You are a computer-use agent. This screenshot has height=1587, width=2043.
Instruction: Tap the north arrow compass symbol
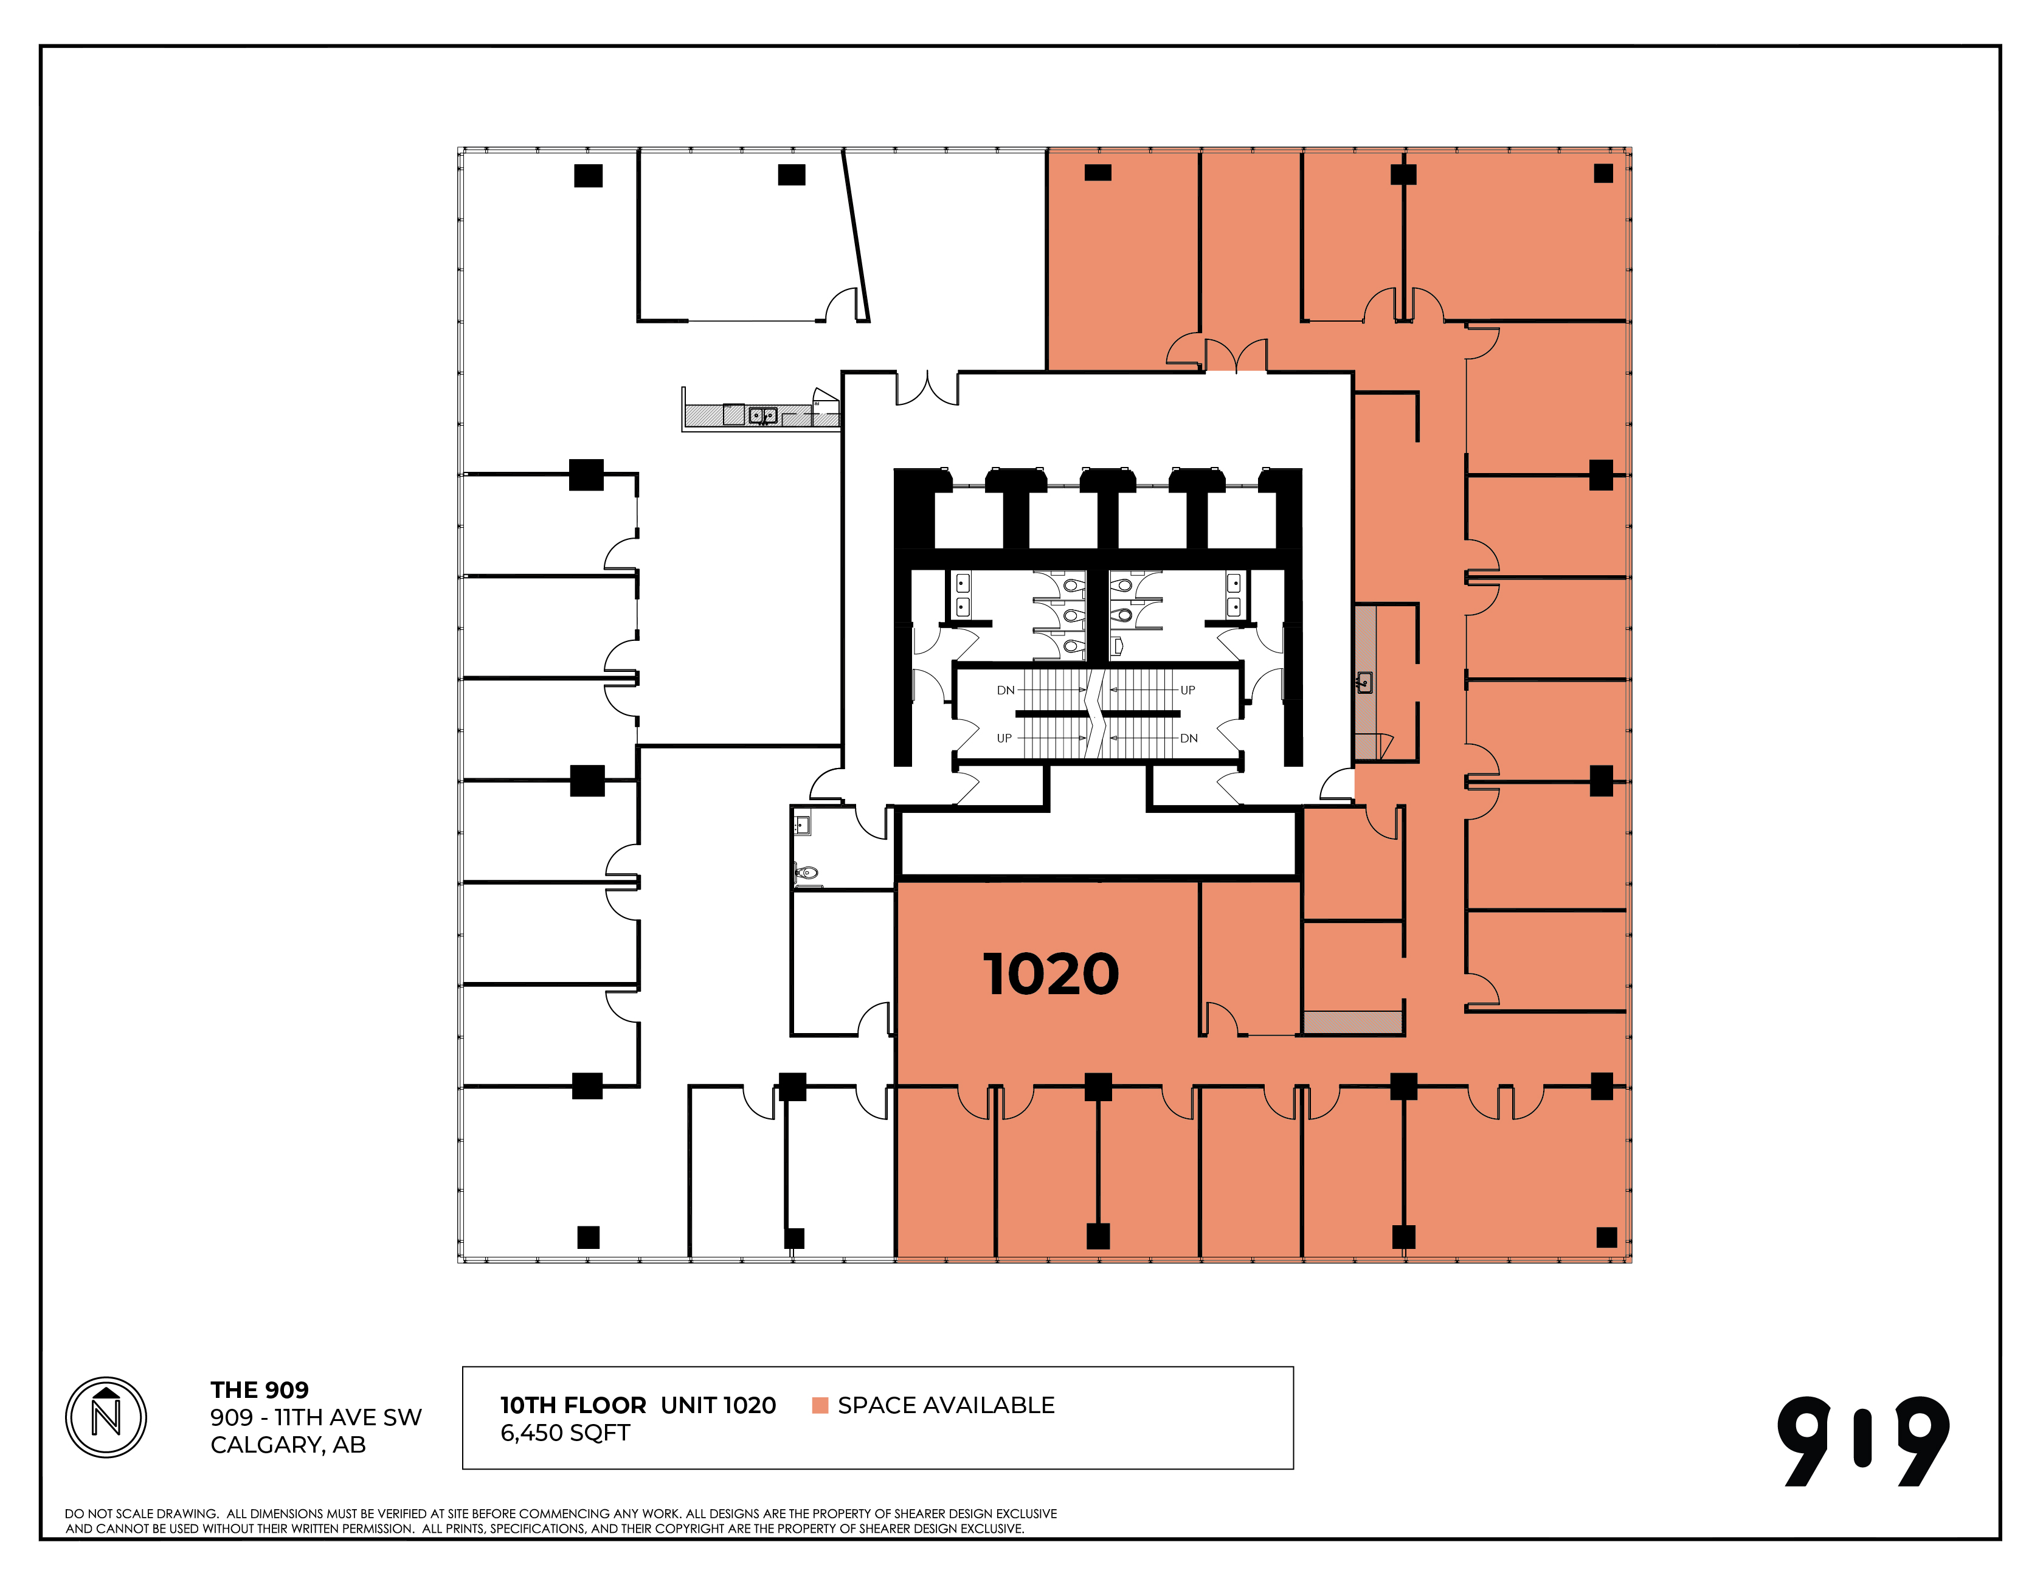[106, 1417]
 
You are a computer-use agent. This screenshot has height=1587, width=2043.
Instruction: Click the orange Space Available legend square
[820, 1405]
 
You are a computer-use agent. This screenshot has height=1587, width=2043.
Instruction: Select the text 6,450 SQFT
[565, 1434]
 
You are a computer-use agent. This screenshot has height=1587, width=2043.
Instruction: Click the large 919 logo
[1864, 1442]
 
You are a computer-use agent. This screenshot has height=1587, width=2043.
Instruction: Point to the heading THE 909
[259, 1391]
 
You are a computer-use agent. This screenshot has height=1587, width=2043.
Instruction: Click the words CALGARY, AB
[288, 1446]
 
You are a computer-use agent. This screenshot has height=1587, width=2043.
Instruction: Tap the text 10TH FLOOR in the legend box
[573, 1405]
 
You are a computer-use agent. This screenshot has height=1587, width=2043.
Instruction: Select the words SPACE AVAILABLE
[945, 1405]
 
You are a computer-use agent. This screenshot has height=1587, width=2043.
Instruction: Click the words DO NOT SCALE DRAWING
[141, 1514]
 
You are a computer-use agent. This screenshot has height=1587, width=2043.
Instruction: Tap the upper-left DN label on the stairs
[1006, 691]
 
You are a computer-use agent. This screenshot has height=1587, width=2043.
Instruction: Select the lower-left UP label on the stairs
[1004, 738]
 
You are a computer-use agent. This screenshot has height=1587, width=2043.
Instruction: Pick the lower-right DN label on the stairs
[1189, 738]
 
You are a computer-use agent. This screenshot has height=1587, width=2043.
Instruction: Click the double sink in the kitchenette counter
[762, 415]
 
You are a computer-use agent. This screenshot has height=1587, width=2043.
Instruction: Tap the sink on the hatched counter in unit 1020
[1365, 682]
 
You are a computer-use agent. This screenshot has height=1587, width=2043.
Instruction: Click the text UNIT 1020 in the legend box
[719, 1405]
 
